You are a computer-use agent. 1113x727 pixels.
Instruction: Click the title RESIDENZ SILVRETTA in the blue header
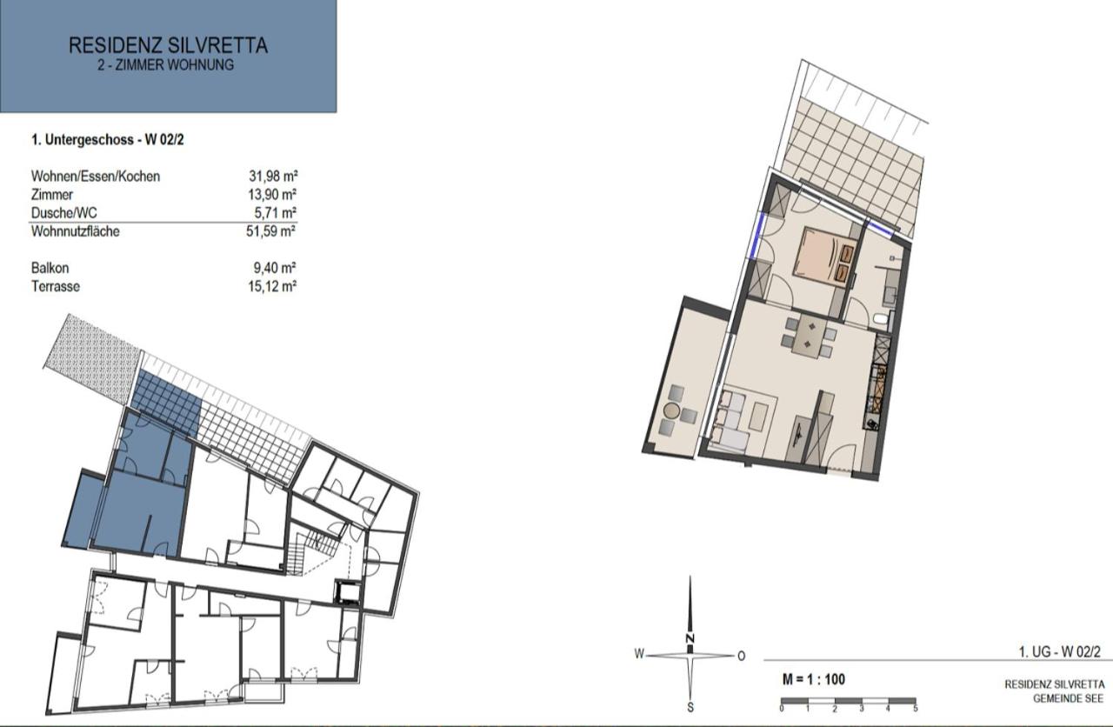tap(168, 45)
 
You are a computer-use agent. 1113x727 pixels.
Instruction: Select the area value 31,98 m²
tap(272, 177)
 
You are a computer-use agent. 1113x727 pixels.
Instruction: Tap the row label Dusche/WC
tap(59, 213)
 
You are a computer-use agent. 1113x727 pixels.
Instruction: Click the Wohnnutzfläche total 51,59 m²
tap(272, 231)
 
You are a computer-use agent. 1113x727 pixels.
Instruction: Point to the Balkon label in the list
tap(50, 269)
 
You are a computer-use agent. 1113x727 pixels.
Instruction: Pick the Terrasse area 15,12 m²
tap(272, 286)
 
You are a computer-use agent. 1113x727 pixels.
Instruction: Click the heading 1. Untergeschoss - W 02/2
tap(106, 139)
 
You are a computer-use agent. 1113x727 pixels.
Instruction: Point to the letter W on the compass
tap(639, 654)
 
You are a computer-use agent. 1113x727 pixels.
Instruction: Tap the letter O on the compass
tap(741, 656)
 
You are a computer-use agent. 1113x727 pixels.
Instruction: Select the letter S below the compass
tap(690, 707)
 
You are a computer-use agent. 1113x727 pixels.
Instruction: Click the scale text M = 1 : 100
tap(813, 679)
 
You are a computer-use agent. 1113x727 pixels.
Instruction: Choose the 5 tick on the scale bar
tap(915, 710)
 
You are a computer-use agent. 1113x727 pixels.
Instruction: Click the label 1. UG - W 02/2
tap(1059, 651)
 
